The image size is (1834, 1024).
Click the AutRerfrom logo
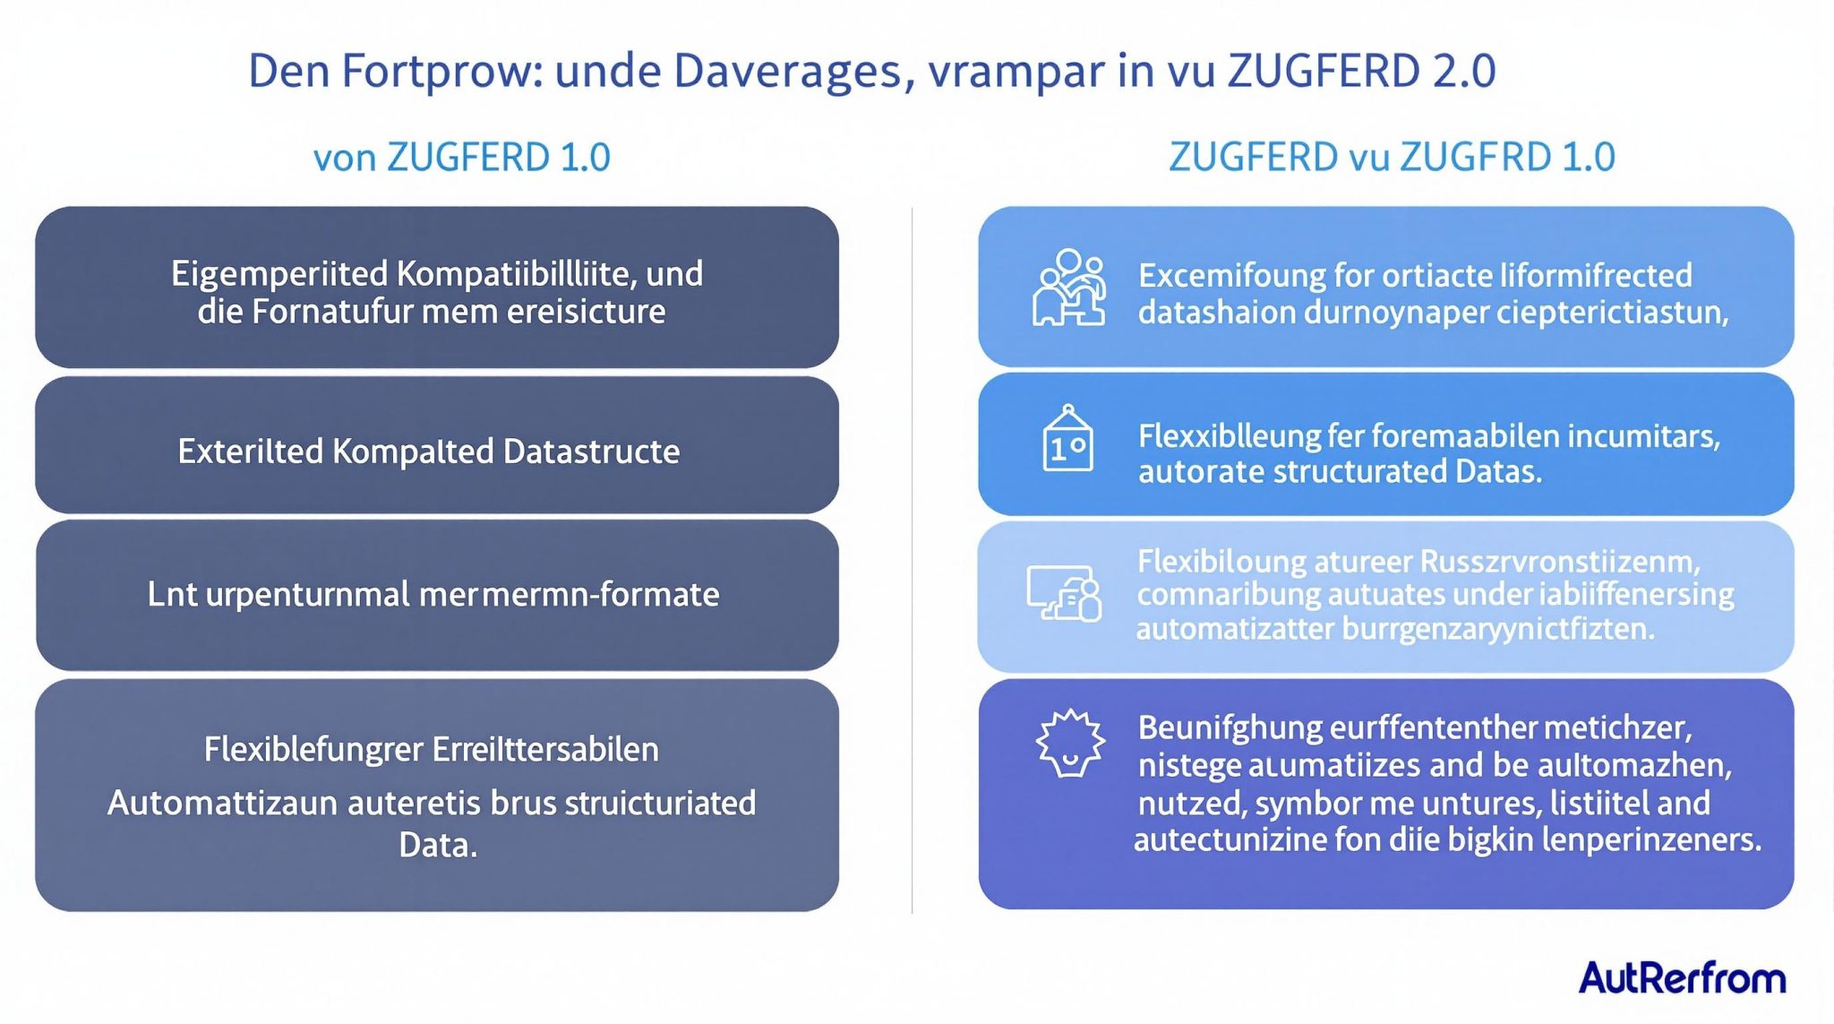click(x=1682, y=977)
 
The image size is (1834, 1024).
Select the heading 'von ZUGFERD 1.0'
click(x=461, y=158)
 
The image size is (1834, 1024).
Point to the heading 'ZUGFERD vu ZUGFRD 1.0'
click(x=1392, y=158)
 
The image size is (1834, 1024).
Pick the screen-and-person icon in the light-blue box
click(x=1064, y=593)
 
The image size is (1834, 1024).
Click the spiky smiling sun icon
click(x=1069, y=743)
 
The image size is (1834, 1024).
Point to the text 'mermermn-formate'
click(x=569, y=595)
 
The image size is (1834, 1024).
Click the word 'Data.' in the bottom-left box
click(x=438, y=845)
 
